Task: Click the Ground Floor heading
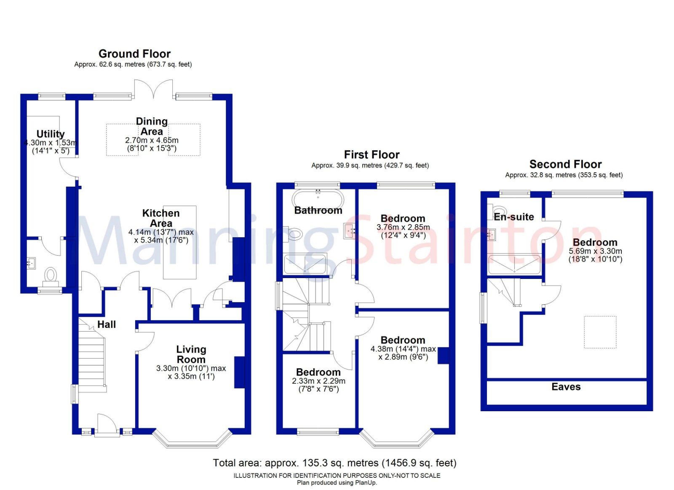point(134,54)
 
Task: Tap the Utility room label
point(50,134)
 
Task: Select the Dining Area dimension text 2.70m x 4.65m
point(152,140)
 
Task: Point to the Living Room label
point(191,354)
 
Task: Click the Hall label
point(107,324)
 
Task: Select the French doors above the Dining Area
point(153,89)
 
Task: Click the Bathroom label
point(318,210)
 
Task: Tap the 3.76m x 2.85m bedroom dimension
point(403,228)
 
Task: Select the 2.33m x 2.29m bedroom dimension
point(318,381)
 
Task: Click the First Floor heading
point(372,155)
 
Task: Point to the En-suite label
point(514,217)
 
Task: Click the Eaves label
point(566,387)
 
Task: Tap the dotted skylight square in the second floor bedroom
point(600,332)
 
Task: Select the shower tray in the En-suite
point(514,265)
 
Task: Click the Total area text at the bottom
point(334,463)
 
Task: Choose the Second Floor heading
point(565,164)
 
